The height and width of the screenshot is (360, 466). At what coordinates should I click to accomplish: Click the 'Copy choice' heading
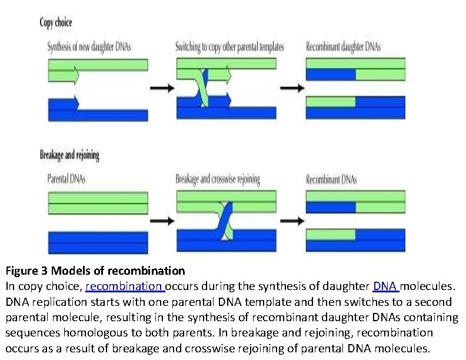(56, 22)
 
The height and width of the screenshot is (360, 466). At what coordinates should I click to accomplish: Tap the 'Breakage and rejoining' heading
(69, 155)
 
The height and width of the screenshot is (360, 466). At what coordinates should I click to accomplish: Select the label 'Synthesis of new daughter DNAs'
(89, 47)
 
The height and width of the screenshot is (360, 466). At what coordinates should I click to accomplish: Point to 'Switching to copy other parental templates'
(229, 47)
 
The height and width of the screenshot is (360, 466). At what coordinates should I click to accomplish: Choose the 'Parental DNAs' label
(66, 179)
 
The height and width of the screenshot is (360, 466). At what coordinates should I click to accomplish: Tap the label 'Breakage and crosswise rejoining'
(218, 179)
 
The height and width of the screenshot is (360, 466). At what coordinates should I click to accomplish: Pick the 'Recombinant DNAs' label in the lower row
(331, 179)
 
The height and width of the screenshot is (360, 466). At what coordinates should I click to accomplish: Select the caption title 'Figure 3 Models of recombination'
(95, 271)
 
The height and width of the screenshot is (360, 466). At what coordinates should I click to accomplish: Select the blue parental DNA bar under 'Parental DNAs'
(98, 242)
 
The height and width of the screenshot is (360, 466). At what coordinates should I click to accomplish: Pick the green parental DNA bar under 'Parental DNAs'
(98, 203)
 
